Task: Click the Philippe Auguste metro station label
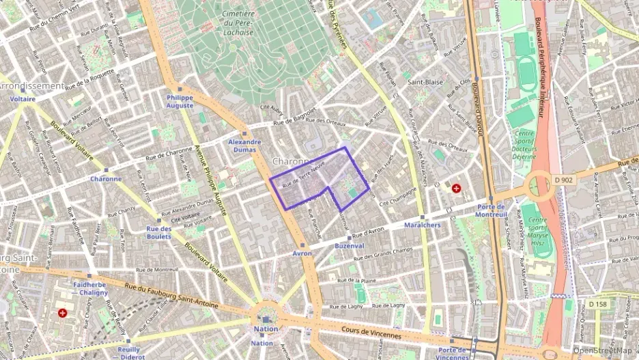click(x=180, y=102)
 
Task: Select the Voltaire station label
click(x=23, y=99)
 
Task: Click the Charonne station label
click(x=106, y=179)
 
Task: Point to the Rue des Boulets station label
click(x=158, y=232)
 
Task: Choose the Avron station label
click(x=302, y=253)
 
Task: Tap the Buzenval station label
click(x=350, y=245)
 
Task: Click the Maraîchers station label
click(x=422, y=225)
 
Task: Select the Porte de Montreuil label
click(x=492, y=210)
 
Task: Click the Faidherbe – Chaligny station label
click(x=90, y=288)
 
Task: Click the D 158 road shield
click(x=599, y=303)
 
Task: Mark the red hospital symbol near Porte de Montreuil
click(x=456, y=187)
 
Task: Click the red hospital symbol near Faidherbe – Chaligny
click(x=63, y=313)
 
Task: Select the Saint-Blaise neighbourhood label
click(x=425, y=82)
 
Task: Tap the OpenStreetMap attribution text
click(x=604, y=350)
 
